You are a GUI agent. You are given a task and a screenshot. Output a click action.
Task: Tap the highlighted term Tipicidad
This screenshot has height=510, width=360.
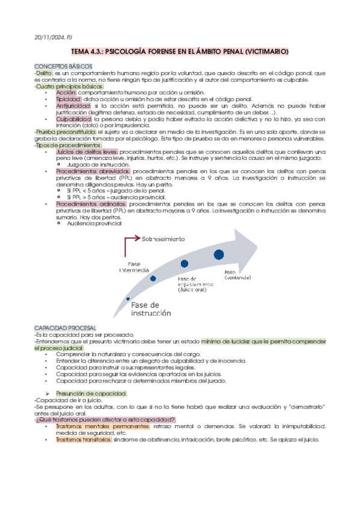[x=69, y=98]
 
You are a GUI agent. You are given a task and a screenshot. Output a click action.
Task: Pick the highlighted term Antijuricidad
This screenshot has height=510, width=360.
[x=73, y=105]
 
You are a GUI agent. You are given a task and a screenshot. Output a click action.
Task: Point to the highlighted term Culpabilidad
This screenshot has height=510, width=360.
[x=73, y=119]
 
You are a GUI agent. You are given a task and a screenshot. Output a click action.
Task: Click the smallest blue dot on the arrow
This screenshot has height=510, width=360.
[x=127, y=299]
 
